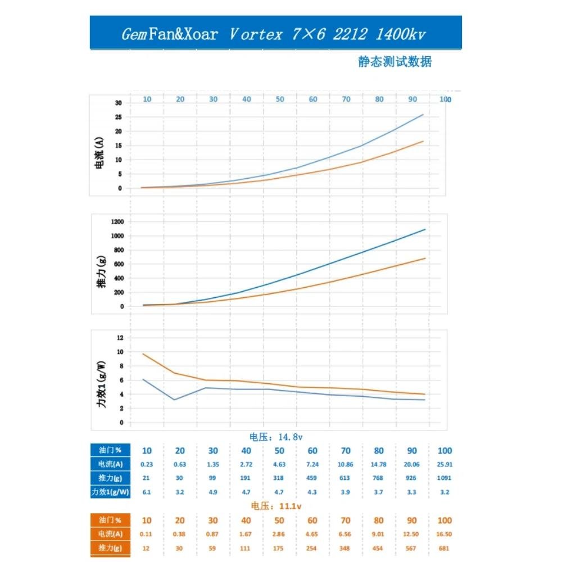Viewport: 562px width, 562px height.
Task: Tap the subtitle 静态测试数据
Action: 395,62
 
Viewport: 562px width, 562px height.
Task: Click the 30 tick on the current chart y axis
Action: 118,103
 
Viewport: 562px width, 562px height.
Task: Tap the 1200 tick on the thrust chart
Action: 116,221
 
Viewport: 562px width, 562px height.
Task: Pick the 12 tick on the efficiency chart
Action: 120,338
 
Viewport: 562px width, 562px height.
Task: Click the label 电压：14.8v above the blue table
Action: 277,436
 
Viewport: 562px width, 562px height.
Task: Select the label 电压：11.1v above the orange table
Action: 277,506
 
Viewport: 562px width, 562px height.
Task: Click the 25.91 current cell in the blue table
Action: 444,464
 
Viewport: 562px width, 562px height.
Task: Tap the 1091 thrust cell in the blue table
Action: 444,478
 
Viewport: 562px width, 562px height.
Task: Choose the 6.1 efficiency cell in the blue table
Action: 147,492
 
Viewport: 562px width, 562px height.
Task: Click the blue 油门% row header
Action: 110,450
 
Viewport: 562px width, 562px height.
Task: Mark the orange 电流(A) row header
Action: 110,534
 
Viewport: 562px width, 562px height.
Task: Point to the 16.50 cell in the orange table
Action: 444,534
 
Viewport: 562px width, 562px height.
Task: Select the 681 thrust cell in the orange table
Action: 444,548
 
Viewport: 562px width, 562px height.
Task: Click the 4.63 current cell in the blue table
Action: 279,464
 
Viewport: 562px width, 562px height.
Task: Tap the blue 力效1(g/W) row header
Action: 110,492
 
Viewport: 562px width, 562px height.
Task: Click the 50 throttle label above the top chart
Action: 279,99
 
